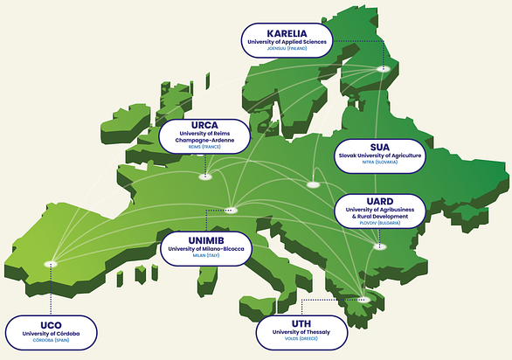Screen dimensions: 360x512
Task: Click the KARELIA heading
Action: pyautogui.click(x=287, y=31)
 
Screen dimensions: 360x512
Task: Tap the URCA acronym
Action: pyautogui.click(x=204, y=124)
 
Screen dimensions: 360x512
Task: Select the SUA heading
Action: pyautogui.click(x=380, y=145)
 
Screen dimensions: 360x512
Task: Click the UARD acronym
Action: pyautogui.click(x=380, y=201)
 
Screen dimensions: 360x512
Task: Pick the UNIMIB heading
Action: pyautogui.click(x=207, y=239)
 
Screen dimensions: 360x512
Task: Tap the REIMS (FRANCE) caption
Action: pyautogui.click(x=204, y=149)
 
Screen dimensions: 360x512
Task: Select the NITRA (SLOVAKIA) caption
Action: pyautogui.click(x=380, y=163)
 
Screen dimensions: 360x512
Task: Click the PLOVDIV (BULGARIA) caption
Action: pyautogui.click(x=380, y=224)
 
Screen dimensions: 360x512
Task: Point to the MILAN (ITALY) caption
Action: pyautogui.click(x=207, y=256)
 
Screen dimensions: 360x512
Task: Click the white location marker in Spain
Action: pyautogui.click(x=51, y=263)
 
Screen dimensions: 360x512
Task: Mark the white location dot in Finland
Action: pyautogui.click(x=382, y=68)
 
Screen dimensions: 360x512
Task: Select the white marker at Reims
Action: pyautogui.click(x=205, y=177)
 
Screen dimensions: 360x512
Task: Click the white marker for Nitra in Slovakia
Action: pyautogui.click(x=313, y=185)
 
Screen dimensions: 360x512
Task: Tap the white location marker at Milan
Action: pyautogui.click(x=232, y=210)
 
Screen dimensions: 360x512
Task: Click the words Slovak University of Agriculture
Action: pyautogui.click(x=380, y=155)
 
